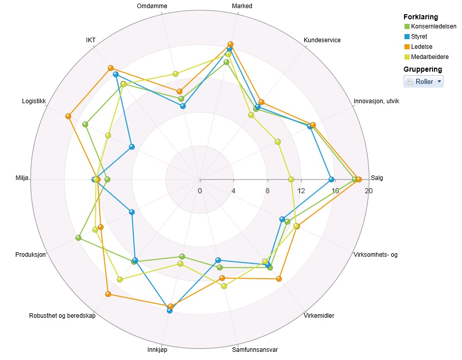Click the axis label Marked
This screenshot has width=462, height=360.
coord(242,6)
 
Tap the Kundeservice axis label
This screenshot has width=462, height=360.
coord(322,40)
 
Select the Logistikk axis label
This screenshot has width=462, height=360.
coord(34,101)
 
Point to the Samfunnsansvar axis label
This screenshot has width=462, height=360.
coord(255,350)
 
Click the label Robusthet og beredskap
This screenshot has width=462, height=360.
coord(62,316)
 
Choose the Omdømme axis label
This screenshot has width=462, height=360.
coord(152,6)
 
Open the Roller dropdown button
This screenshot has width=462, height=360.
coord(423,81)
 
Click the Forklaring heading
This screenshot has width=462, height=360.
coord(420,17)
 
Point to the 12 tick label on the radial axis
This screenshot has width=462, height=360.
coord(301,191)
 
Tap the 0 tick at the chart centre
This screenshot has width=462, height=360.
coord(200,191)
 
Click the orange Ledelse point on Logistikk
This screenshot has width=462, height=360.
coord(68,116)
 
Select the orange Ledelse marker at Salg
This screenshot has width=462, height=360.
coord(359,179)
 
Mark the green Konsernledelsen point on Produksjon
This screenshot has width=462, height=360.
coord(78,238)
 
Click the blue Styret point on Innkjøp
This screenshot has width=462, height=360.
coord(169,311)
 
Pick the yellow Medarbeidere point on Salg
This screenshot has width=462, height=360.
coord(291,179)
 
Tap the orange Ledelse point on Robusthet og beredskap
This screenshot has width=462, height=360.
coord(108,294)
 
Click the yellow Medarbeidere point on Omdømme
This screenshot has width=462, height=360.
coord(176,74)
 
